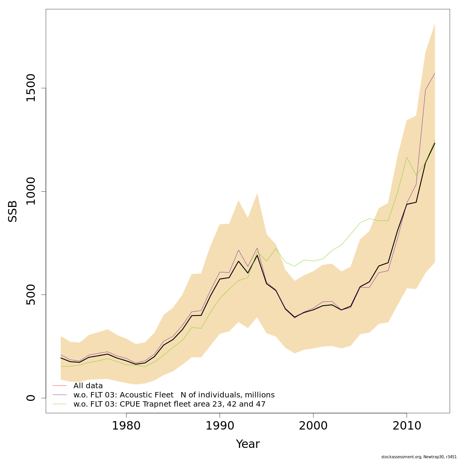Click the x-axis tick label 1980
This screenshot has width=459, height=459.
126,425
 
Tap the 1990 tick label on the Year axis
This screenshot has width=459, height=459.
220,425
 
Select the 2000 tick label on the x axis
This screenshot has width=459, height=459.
313,425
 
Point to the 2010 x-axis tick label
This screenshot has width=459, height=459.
407,425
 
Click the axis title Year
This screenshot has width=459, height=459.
247,444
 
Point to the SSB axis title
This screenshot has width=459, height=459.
13,211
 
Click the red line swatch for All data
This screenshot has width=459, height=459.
60,386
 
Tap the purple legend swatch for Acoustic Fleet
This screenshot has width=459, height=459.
60,395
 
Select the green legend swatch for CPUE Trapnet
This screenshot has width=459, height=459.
60,404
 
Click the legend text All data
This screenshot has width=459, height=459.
88,386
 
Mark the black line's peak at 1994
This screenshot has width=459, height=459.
257,255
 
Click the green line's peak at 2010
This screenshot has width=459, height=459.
407,157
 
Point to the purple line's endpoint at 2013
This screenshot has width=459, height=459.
435,73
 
